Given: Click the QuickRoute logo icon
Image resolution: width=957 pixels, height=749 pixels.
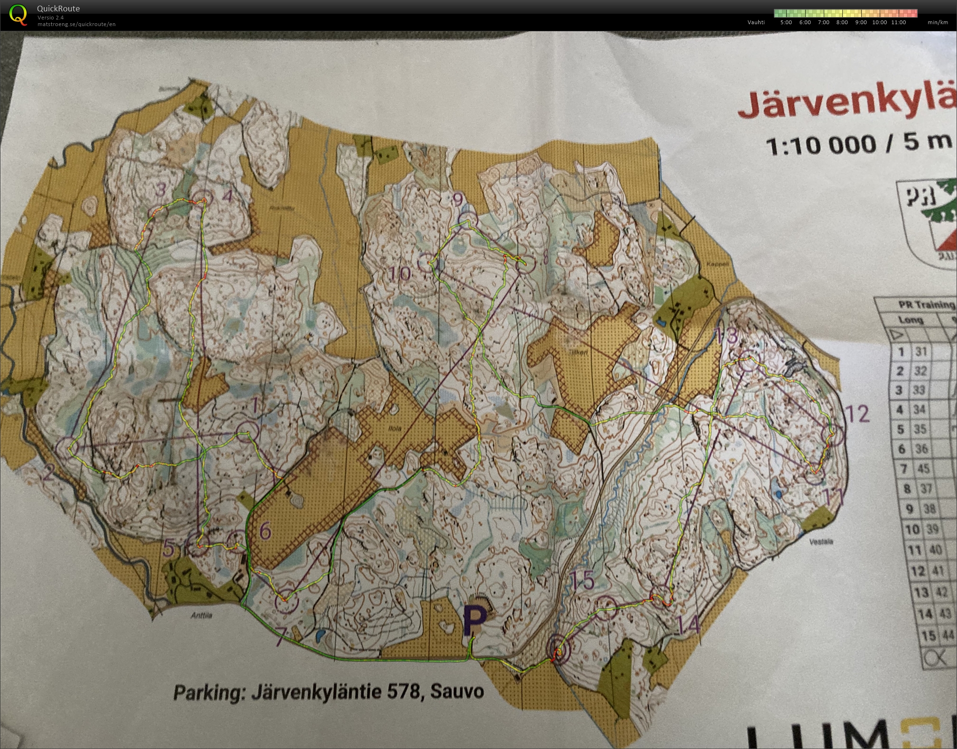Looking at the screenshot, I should pos(18,14).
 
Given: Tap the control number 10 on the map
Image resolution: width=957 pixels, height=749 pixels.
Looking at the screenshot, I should pos(400,274).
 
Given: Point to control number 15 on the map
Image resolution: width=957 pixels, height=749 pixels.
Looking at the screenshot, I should pos(582,581).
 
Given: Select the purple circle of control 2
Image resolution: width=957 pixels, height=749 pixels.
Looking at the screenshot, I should pos(66,448).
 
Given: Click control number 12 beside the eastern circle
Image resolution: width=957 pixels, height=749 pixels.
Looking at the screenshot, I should pos(857,414).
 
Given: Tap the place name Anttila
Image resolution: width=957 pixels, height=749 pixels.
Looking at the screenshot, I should pos(201,616).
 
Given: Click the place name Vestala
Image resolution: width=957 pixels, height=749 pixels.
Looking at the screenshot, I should pos(821,541).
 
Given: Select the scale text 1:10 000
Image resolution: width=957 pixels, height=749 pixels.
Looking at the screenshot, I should pos(820,145).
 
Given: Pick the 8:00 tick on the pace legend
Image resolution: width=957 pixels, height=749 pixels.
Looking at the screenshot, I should pos(842,22).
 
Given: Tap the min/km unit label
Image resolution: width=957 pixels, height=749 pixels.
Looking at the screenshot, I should pos(938,22).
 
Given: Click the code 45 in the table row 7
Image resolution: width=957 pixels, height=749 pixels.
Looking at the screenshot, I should pos(923,469).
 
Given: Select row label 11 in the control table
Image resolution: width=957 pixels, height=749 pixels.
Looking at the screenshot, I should pos(914,550).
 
